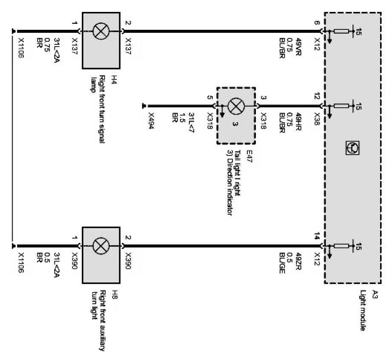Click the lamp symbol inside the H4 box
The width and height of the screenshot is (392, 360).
pos(102,31)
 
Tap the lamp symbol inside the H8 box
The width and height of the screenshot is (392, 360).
pos(102,246)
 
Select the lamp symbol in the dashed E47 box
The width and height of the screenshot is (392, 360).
pos(235,106)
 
